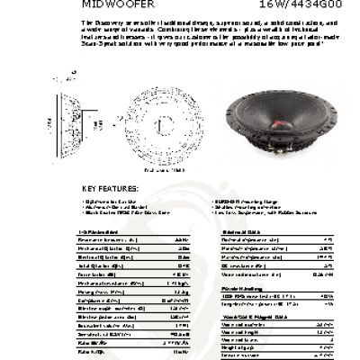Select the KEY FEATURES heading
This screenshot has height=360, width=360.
coord(111,188)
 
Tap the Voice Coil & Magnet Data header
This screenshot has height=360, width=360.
coord(247,315)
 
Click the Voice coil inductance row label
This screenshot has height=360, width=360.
coord(247,274)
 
